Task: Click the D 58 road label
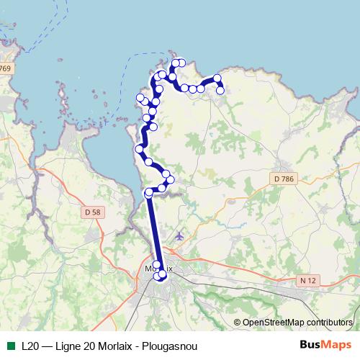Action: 91,212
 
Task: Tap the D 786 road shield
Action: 286,178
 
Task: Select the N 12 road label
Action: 309,279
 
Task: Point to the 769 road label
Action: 6,68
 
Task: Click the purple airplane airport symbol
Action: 179,236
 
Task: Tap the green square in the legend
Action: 10,345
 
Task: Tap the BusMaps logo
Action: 325,344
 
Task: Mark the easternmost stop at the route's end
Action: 220,90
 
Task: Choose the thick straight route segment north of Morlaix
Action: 154,230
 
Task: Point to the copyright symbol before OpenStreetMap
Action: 237,323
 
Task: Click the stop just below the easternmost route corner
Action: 220,90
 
